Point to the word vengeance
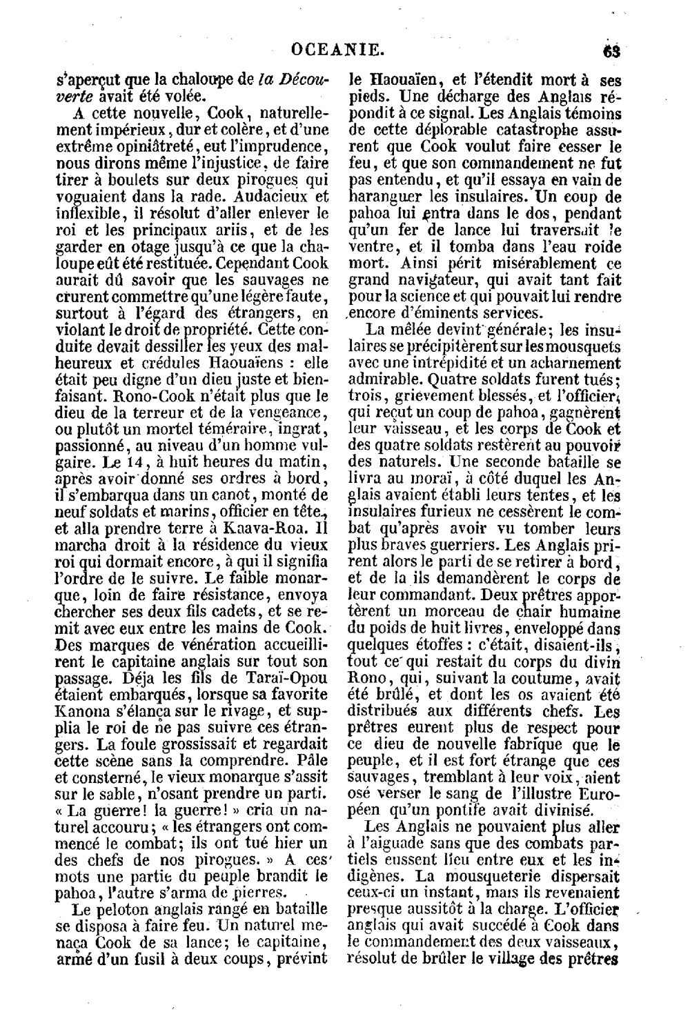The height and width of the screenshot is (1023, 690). [287, 413]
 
